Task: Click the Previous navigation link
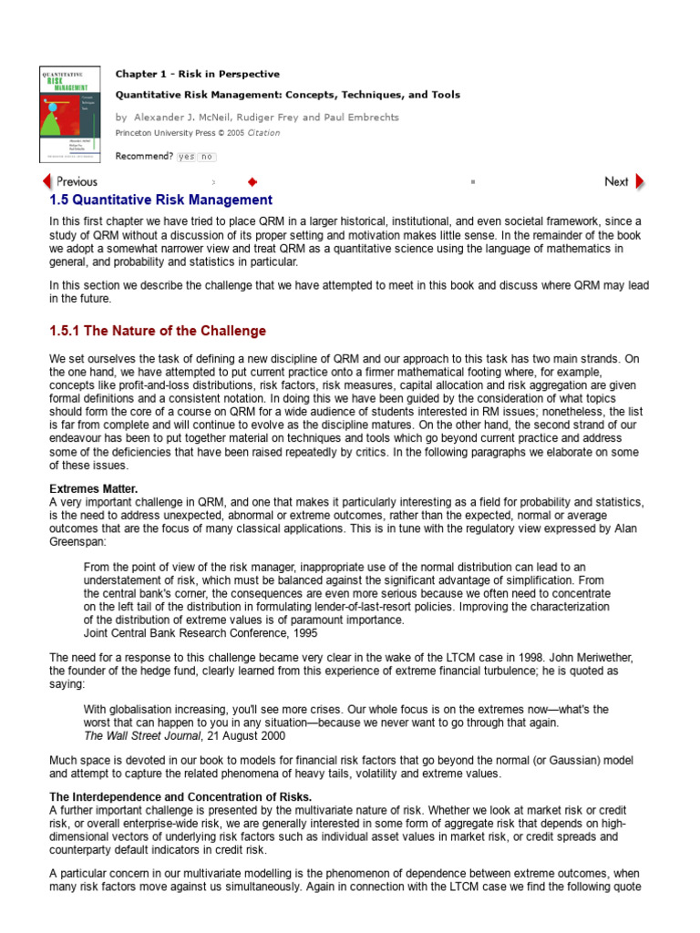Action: pyautogui.click(x=70, y=181)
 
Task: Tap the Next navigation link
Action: pyautogui.click(x=624, y=181)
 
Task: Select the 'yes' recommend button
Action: pyautogui.click(x=186, y=157)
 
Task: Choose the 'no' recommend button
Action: pyautogui.click(x=207, y=157)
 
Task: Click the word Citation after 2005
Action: pyautogui.click(x=262, y=133)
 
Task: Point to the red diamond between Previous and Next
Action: pyautogui.click(x=252, y=181)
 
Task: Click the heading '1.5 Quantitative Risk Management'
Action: pyautogui.click(x=160, y=200)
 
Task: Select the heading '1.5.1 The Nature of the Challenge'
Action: pyautogui.click(x=158, y=331)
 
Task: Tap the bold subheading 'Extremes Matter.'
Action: pyautogui.click(x=94, y=489)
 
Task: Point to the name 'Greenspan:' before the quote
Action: pyautogui.click(x=78, y=541)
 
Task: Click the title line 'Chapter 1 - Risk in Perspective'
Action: pyautogui.click(x=198, y=74)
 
